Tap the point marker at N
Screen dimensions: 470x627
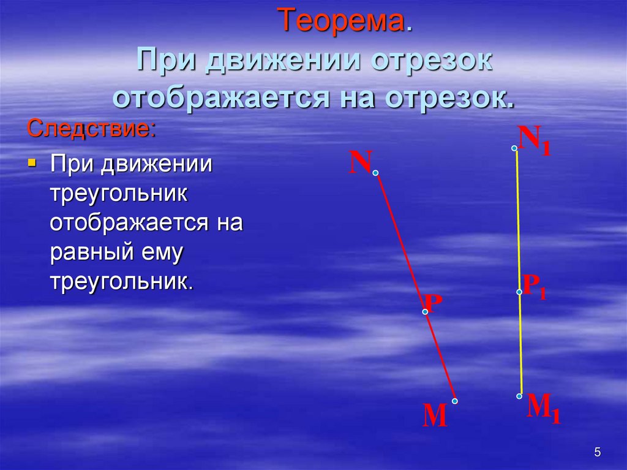375,173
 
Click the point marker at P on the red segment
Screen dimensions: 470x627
425,312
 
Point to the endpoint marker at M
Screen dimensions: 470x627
455,401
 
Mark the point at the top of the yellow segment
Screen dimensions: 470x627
514,148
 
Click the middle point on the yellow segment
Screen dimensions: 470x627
519,292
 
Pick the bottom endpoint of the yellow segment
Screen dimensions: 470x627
519,396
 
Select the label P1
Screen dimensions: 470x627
533,287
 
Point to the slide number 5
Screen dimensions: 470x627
597,453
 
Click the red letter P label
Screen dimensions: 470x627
433,303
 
